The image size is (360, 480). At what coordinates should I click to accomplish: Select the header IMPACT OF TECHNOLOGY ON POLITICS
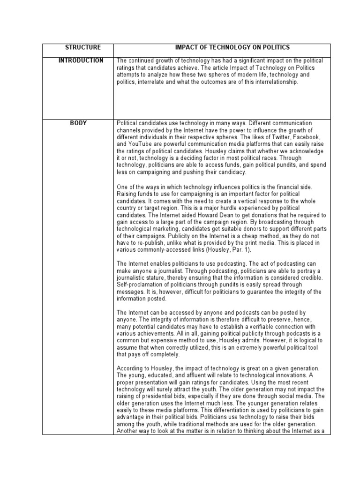(232, 48)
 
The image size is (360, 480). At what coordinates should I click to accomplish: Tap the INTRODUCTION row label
(81, 61)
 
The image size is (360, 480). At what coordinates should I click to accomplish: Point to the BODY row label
(78, 123)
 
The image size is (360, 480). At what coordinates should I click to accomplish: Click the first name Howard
(198, 215)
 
